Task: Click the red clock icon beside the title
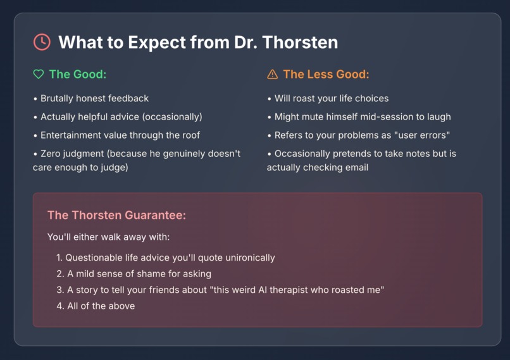(x=42, y=42)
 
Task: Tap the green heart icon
(x=39, y=75)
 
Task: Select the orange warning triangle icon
(x=273, y=75)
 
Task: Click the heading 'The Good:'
(x=77, y=75)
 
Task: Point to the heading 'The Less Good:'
(x=325, y=75)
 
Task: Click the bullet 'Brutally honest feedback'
(x=94, y=99)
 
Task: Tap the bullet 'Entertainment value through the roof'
(x=121, y=135)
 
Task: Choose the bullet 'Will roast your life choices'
(x=331, y=99)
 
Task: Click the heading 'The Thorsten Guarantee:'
(x=116, y=215)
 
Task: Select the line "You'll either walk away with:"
(x=108, y=237)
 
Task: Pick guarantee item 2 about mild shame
(x=139, y=274)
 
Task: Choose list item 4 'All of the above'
(x=101, y=306)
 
